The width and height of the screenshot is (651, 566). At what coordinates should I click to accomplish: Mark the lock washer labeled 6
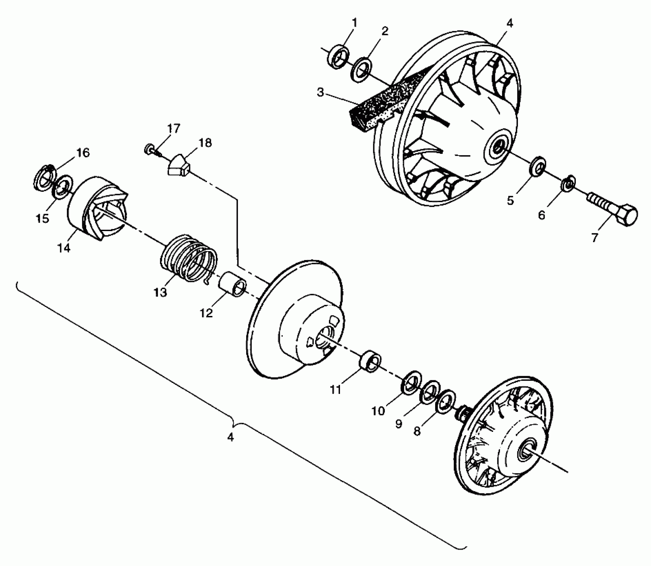(x=568, y=184)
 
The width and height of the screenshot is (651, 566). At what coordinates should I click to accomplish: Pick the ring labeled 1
(x=339, y=57)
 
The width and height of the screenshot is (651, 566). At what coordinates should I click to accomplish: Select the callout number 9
(x=399, y=424)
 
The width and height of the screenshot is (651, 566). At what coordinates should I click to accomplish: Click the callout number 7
(x=594, y=237)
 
